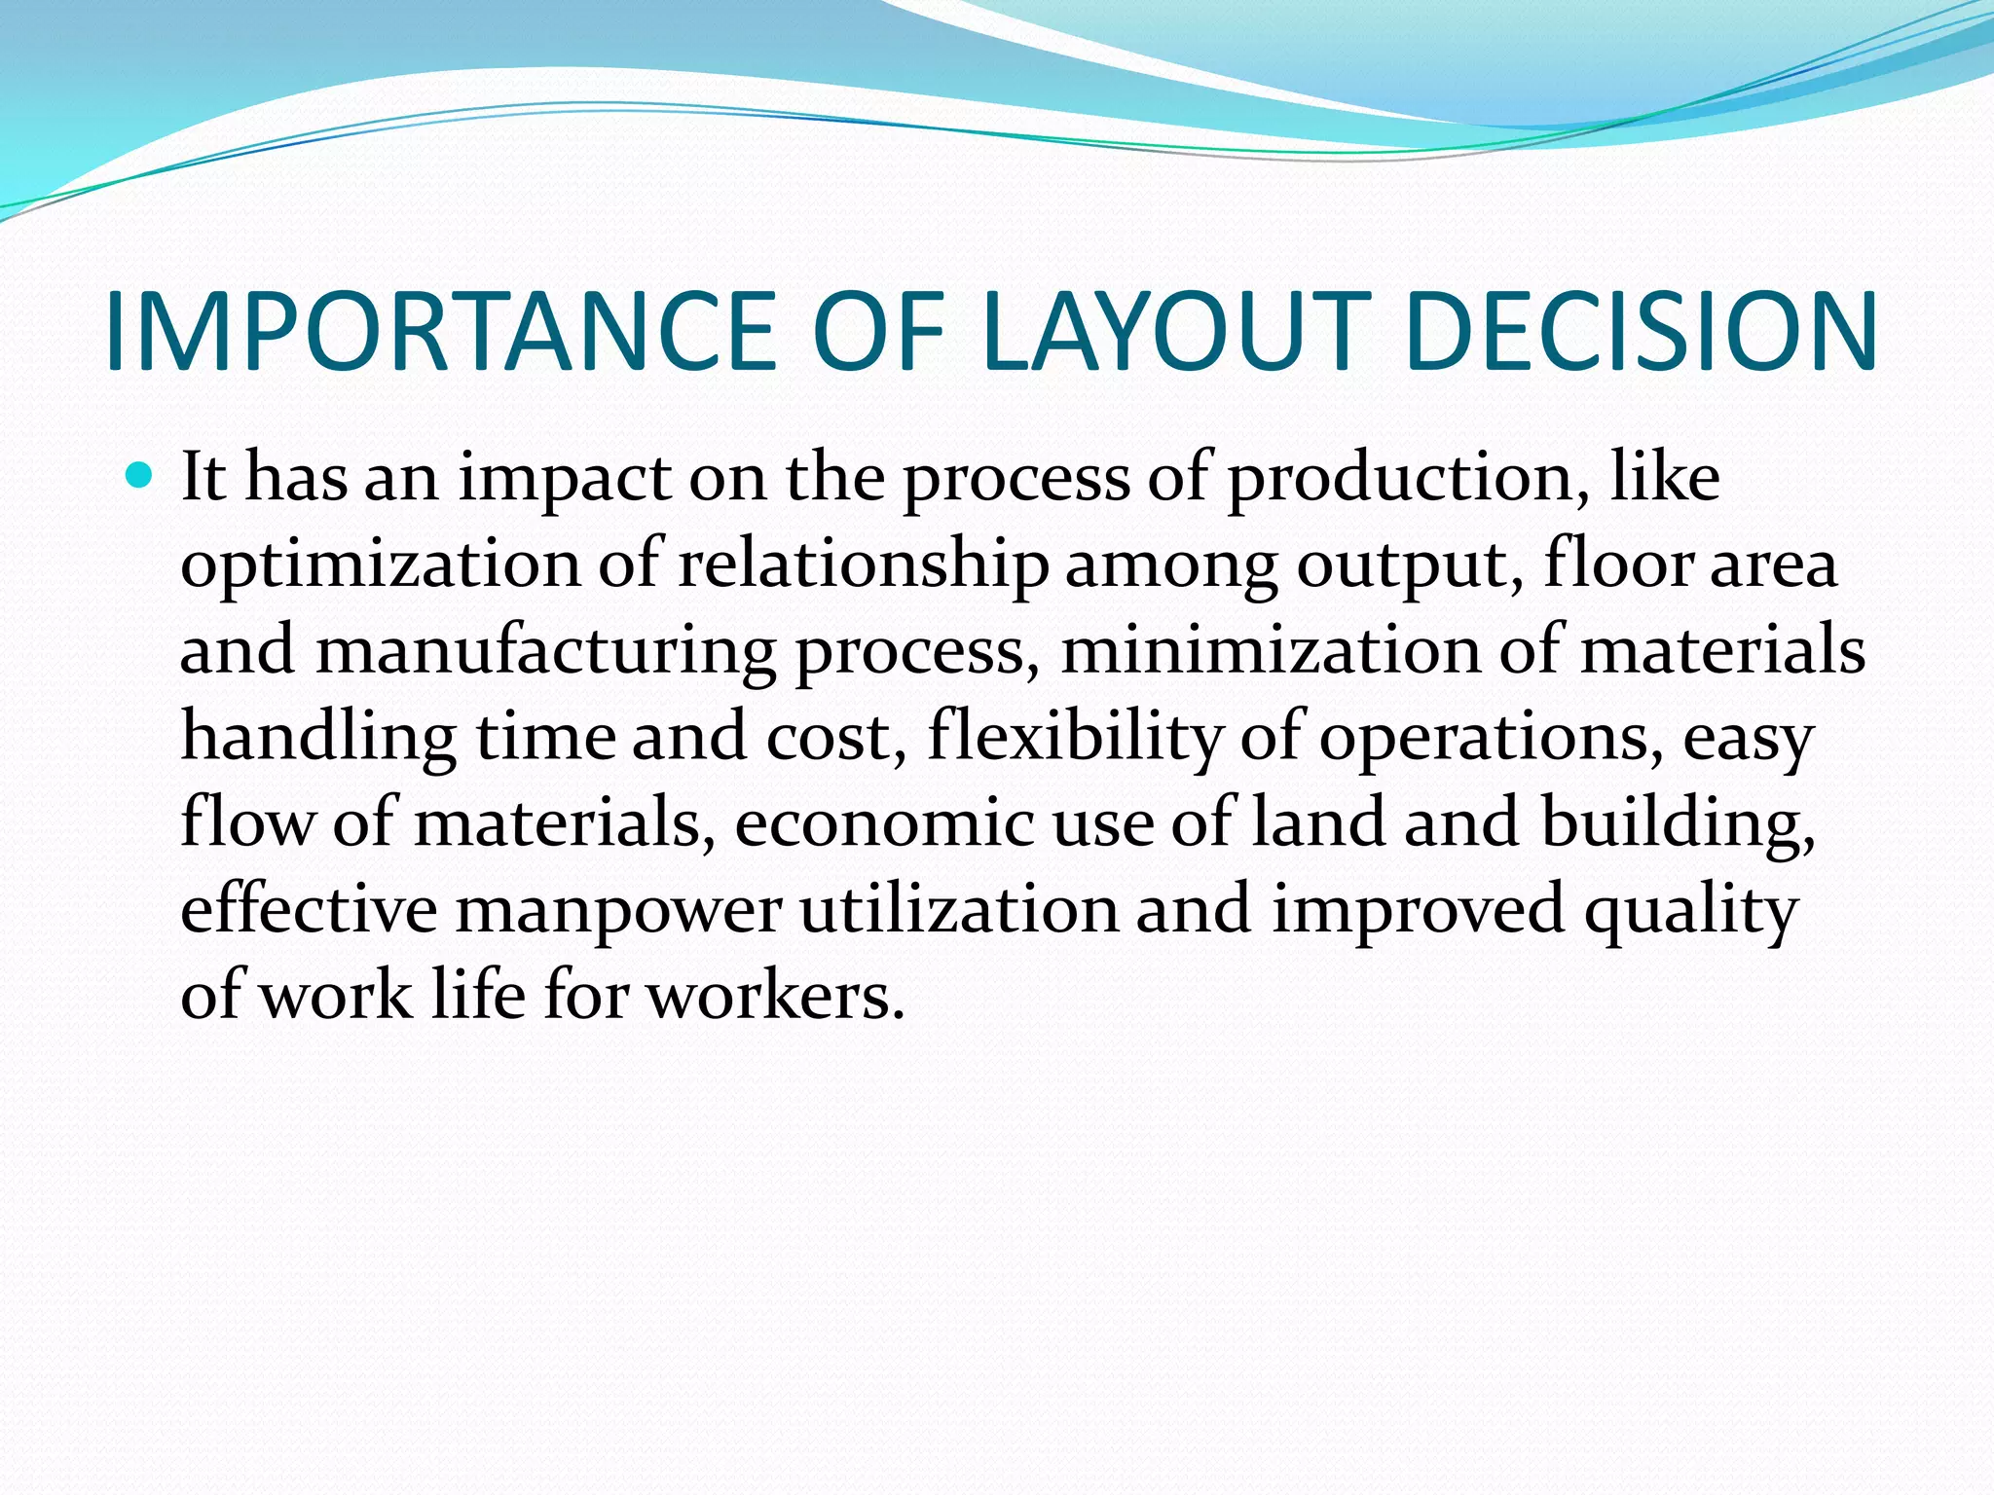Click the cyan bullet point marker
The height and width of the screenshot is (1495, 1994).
141,476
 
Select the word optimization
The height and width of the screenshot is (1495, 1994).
381,565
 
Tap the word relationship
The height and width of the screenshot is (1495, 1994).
863,565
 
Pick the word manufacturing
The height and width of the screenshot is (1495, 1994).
546,651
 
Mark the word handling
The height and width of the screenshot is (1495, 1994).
318,737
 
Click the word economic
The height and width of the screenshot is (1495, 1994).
884,822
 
